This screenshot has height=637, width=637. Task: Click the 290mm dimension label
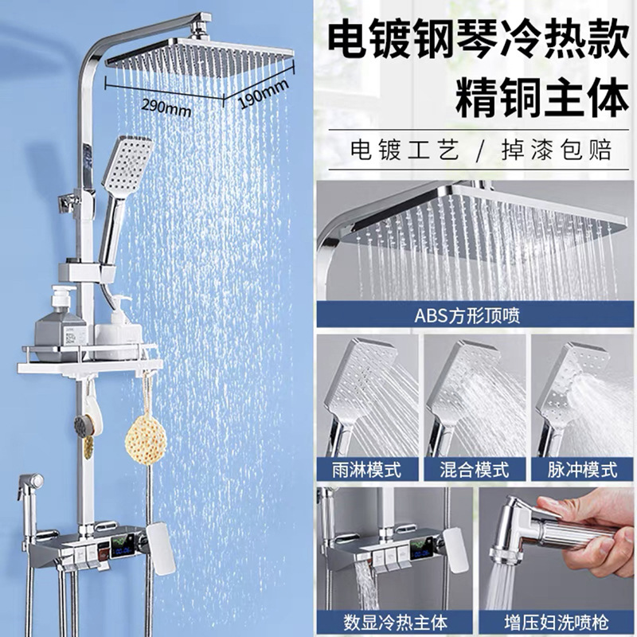click(166, 107)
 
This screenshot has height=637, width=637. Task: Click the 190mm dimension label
click(264, 94)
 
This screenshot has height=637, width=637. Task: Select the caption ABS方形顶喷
click(467, 315)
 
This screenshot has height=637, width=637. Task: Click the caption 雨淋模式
click(366, 470)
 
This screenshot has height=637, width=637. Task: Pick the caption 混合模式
click(474, 470)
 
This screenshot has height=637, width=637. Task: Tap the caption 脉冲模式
click(582, 470)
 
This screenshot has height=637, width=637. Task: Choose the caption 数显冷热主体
click(395, 623)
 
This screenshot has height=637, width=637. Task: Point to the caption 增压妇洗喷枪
click(557, 623)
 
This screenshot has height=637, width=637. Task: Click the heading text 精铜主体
click(542, 99)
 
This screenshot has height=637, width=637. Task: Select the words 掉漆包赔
click(557, 150)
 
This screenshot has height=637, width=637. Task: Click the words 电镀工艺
click(405, 150)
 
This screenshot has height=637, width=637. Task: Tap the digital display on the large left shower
click(122, 546)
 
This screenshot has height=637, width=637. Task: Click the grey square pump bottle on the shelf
click(61, 324)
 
